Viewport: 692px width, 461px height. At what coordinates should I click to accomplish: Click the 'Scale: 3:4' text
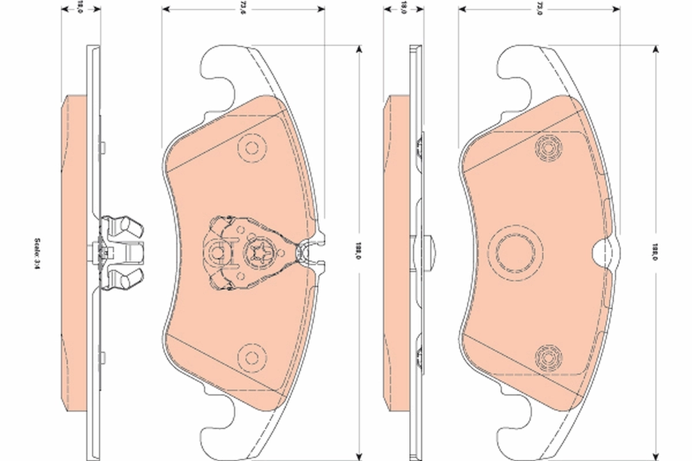tap(36, 252)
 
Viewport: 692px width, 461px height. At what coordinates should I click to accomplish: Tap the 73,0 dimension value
tap(540, 7)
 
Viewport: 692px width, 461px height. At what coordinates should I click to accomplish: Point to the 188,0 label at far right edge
tap(655, 252)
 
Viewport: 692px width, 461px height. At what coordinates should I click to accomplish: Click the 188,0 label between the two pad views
tap(359, 252)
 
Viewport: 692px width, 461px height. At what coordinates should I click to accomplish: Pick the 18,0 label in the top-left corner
tap(80, 7)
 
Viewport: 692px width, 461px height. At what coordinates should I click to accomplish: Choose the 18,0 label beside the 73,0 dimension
tap(404, 7)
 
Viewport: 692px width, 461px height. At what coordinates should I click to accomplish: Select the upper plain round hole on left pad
tap(252, 148)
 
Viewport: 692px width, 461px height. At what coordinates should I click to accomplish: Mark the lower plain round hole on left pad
tap(252, 356)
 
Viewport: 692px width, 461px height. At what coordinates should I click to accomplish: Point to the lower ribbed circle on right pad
tap(548, 356)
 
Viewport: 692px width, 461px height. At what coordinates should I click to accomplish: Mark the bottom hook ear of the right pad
tap(519, 432)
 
